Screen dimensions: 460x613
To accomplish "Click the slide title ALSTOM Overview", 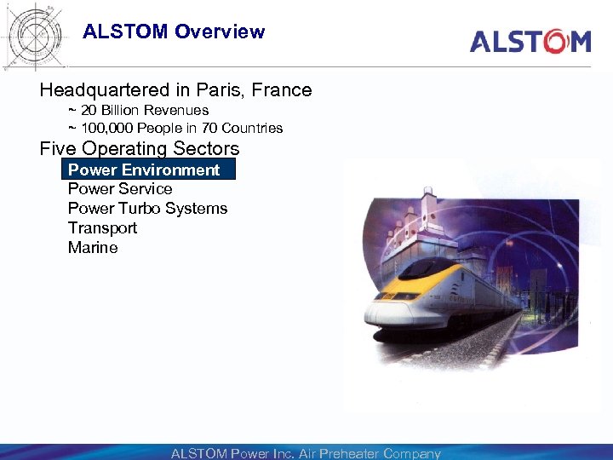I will (174, 32).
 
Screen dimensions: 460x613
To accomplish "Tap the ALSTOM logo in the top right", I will (530, 41).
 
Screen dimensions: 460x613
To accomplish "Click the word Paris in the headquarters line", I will (221, 90).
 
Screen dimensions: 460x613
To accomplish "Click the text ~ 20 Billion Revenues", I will (138, 111).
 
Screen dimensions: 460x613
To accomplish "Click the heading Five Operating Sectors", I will (140, 149).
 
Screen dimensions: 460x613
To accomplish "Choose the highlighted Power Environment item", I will (144, 170).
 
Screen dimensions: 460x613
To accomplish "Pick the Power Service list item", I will (120, 189).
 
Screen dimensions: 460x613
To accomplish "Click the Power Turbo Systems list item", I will (147, 209).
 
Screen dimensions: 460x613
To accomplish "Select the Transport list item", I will (102, 228).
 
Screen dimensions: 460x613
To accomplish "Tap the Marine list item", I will (93, 248).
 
